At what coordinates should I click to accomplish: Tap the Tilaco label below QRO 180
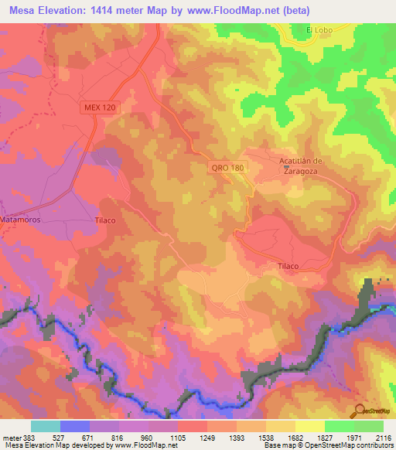288,265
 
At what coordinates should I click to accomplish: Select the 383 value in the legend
30,437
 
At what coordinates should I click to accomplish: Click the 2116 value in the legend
383,437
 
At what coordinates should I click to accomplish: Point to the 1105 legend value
177,437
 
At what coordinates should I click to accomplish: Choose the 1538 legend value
265,437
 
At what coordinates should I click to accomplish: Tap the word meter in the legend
11,437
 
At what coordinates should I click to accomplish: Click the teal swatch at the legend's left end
46,426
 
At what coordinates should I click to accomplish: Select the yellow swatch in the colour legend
309,426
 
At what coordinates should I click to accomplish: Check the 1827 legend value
324,437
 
